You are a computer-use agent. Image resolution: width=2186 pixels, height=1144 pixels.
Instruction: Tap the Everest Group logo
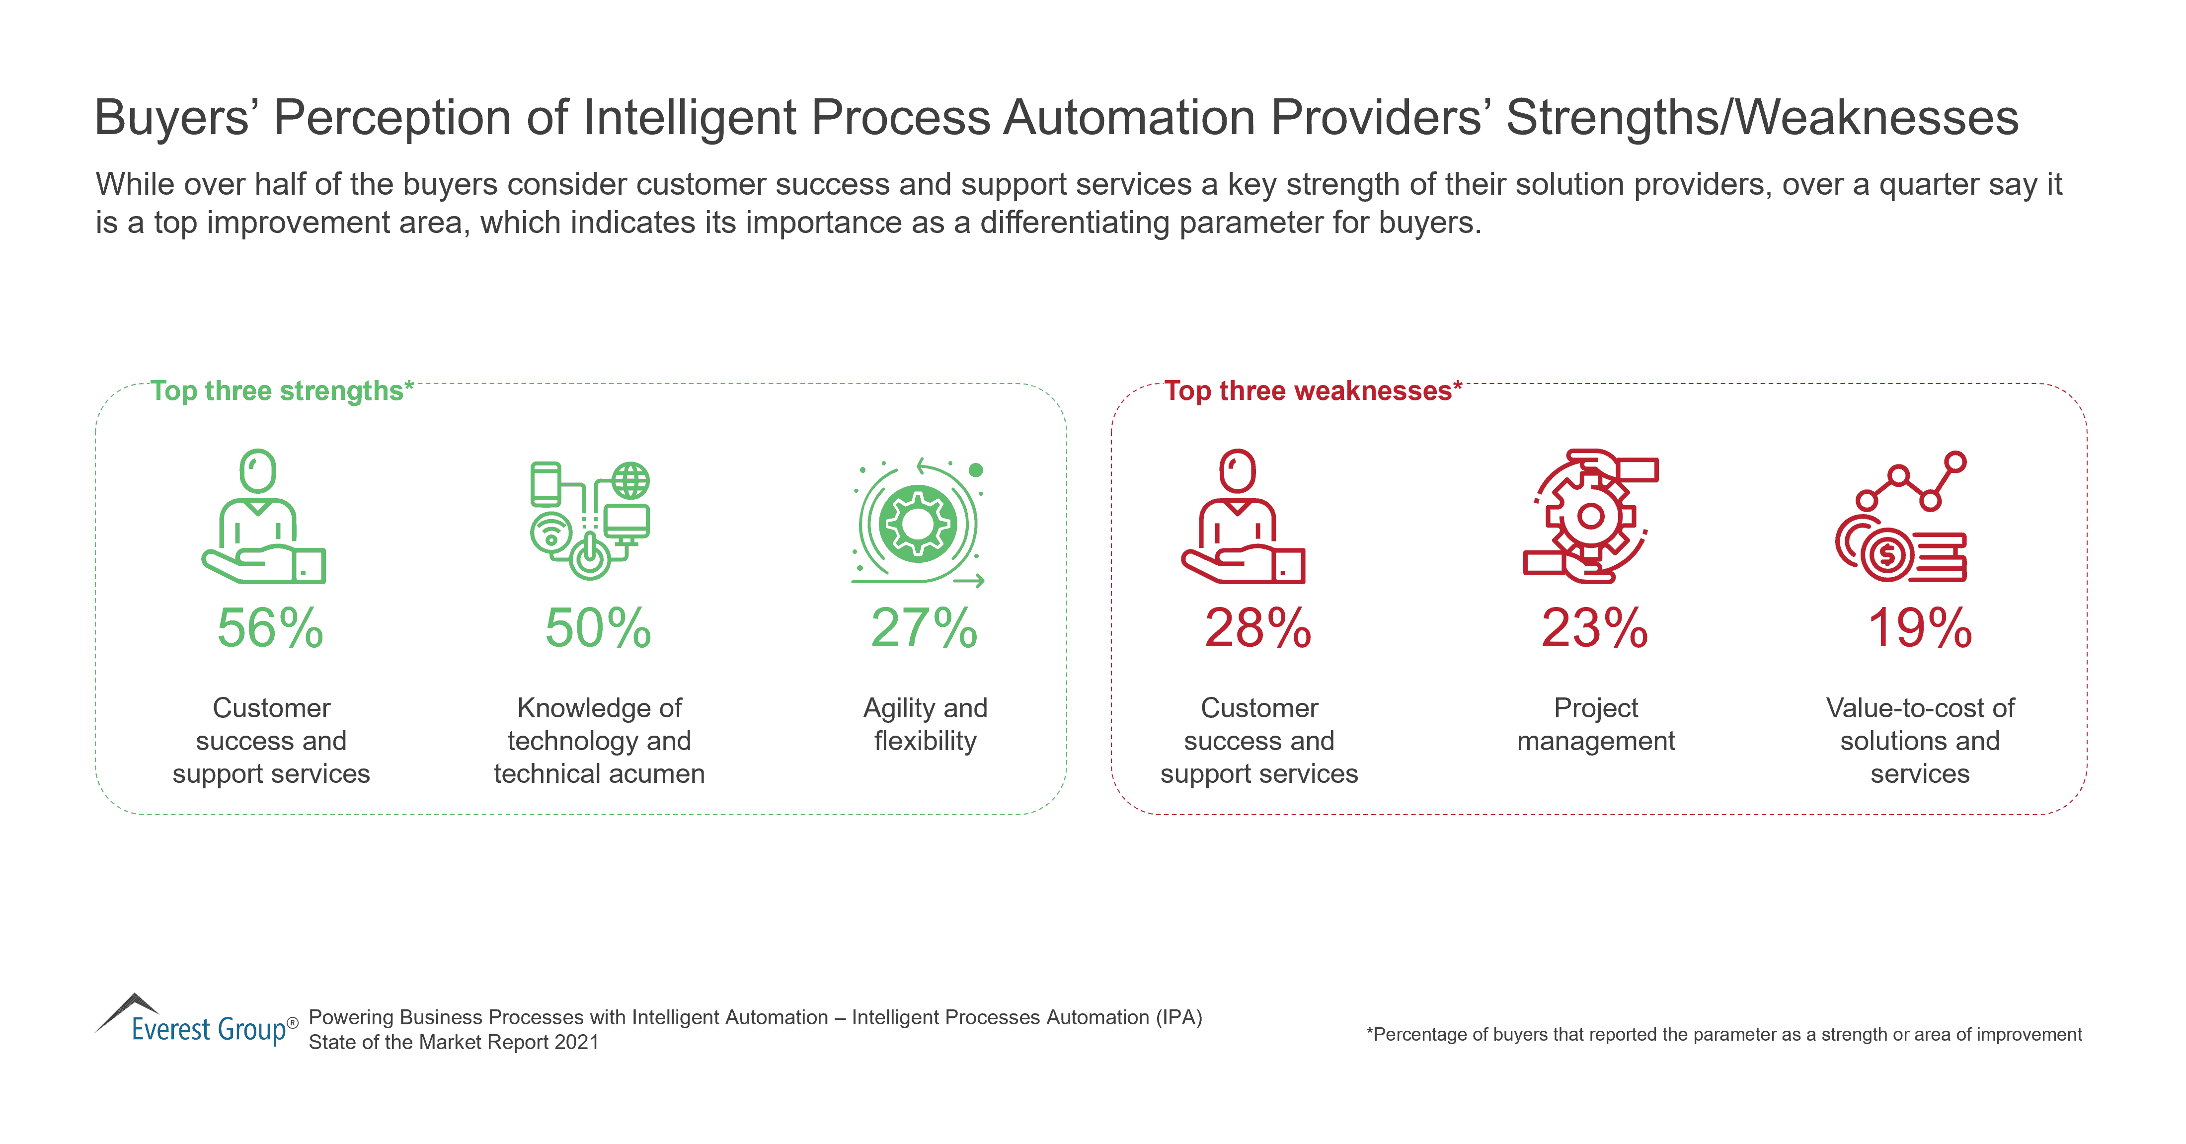tap(197, 1021)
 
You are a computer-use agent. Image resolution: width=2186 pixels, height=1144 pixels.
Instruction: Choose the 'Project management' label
tap(1595, 724)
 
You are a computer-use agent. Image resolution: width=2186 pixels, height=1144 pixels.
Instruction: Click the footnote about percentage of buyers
tap(1723, 1035)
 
